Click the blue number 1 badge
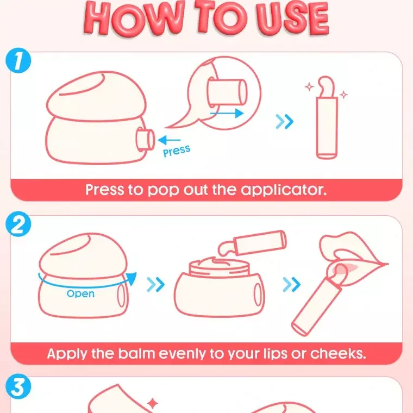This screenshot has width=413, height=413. pyautogui.click(x=18, y=60)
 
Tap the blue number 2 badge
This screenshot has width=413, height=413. pyautogui.click(x=18, y=224)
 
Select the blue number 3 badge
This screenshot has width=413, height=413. pyautogui.click(x=18, y=387)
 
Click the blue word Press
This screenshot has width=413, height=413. pyautogui.click(x=177, y=151)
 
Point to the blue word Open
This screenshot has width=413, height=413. pyautogui.click(x=80, y=293)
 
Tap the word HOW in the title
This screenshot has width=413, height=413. pyautogui.click(x=134, y=20)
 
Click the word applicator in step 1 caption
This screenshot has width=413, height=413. pyautogui.click(x=284, y=190)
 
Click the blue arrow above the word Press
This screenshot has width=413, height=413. pyautogui.click(x=169, y=140)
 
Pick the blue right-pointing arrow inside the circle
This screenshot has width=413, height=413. pyautogui.click(x=227, y=114)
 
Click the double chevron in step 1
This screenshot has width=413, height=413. pyautogui.click(x=284, y=121)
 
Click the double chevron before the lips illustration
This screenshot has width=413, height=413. pyautogui.click(x=292, y=284)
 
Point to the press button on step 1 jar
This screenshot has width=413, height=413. pyautogui.click(x=145, y=140)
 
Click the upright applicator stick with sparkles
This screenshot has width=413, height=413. pyautogui.click(x=327, y=118)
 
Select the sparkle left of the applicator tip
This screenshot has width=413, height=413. pyautogui.click(x=309, y=86)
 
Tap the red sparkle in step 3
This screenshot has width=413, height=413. pyautogui.click(x=152, y=403)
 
